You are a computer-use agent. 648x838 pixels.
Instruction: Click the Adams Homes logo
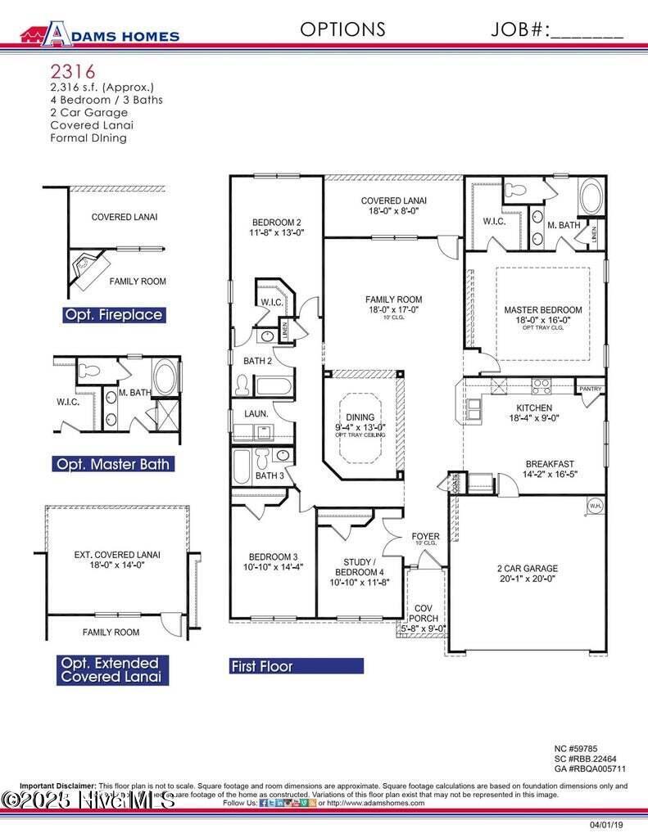[x=99, y=34]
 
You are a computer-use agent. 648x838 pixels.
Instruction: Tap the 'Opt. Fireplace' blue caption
[x=113, y=315]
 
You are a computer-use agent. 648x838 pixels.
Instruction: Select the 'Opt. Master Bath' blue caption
[x=113, y=464]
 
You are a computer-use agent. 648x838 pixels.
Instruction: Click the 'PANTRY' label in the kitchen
[x=590, y=389]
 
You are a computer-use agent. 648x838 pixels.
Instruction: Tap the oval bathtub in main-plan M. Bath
[x=590, y=198]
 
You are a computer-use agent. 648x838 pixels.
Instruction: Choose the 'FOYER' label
[x=425, y=537]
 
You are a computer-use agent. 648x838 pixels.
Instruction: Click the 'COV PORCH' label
[x=424, y=614]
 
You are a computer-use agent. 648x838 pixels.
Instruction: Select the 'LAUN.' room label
[x=256, y=414]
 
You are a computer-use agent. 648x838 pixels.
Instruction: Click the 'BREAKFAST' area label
[x=550, y=464]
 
